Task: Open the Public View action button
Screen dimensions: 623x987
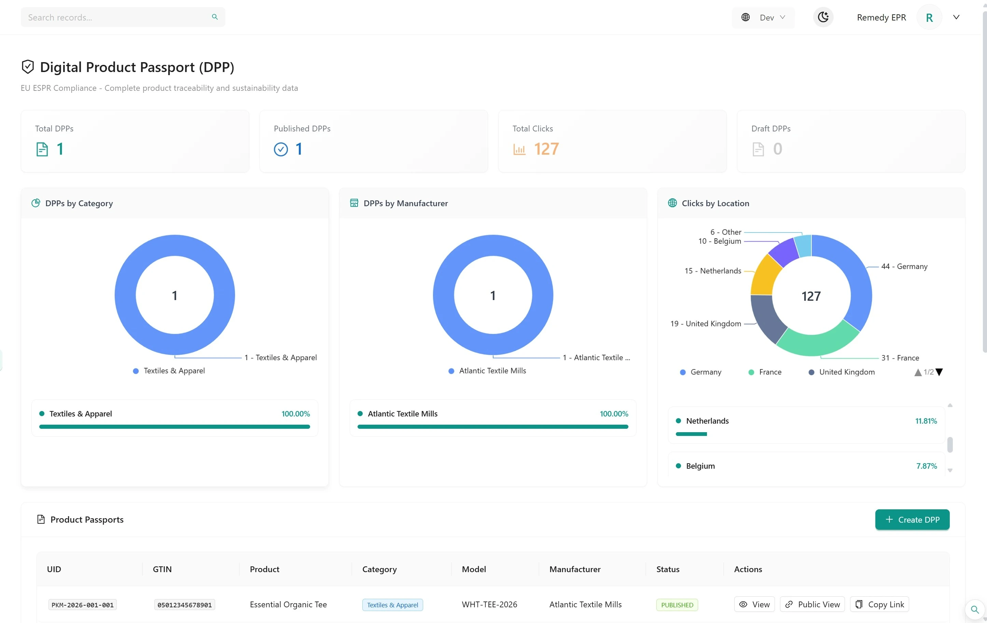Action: click(x=812, y=604)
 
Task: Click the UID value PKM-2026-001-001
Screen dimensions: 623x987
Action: click(x=82, y=605)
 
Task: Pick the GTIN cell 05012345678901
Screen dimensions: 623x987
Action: click(x=184, y=605)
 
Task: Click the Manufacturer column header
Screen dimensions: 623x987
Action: click(x=575, y=569)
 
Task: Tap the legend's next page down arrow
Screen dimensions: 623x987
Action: click(x=939, y=372)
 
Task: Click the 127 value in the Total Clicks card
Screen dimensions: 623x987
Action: click(x=546, y=149)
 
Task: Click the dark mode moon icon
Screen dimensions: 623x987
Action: click(x=823, y=17)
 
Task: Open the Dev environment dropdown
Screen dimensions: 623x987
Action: click(x=763, y=17)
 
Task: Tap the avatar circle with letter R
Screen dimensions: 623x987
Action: click(x=929, y=17)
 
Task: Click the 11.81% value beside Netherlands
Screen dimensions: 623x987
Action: click(x=926, y=421)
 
